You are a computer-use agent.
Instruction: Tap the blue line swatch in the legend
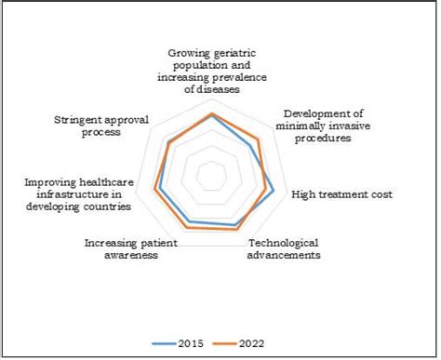click(166, 343)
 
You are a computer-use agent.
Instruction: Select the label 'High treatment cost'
click(341, 194)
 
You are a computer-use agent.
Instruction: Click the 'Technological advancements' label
click(284, 248)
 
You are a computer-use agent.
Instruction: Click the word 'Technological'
click(284, 242)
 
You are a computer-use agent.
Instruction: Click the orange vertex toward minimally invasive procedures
click(258, 140)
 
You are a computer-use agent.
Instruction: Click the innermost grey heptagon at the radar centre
click(212, 175)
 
